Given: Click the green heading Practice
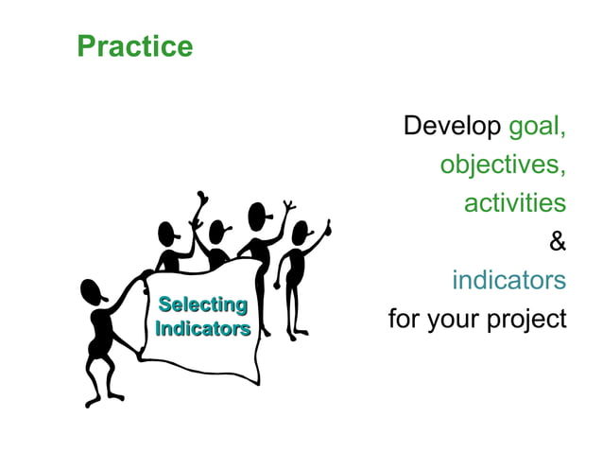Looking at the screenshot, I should coord(134,46).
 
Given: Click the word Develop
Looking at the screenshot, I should coord(453,126).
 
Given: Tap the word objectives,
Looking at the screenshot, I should coord(502,165).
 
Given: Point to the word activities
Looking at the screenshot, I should coord(514,203).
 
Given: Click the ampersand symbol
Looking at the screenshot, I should coord(558,242).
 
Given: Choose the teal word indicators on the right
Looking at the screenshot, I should coord(508,281).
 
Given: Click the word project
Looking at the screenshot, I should coord(525,320).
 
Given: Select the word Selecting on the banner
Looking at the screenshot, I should coord(202,304).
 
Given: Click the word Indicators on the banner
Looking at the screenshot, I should coord(202,329).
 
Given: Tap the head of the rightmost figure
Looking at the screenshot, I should coord(300,233).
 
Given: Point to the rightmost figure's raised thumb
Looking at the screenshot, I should coord(328,226).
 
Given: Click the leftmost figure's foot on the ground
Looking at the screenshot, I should coord(92,402).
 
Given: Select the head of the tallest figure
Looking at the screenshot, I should coord(257,216).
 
